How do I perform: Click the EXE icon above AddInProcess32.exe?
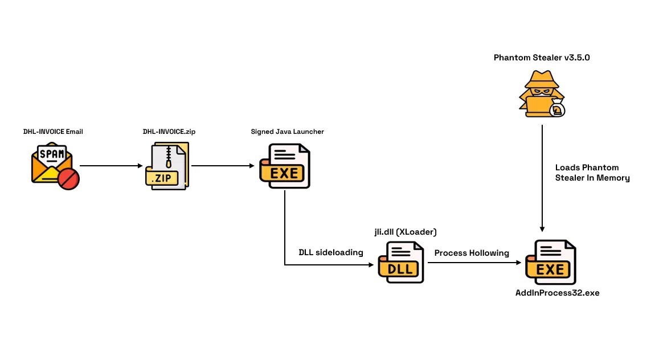[550, 263]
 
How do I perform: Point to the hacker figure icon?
[541, 93]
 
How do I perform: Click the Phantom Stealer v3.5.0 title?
[537, 58]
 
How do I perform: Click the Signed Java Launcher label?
[288, 132]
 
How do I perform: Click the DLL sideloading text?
[331, 252]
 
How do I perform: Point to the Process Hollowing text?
[472, 252]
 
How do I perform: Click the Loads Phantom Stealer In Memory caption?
[592, 173]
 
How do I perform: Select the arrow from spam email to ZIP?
[112, 166]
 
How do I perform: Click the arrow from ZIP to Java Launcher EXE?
[223, 166]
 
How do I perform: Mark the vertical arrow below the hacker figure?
[542, 177]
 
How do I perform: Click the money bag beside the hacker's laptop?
[557, 108]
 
